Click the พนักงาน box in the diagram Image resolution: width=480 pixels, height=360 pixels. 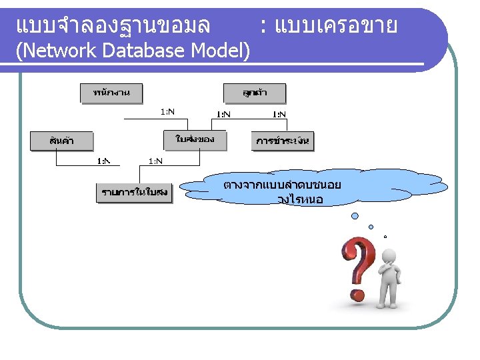(x=111, y=93)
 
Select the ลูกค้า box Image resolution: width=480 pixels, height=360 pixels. (x=254, y=93)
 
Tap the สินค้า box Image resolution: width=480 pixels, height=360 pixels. (x=62, y=141)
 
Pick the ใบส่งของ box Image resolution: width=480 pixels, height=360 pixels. (x=195, y=140)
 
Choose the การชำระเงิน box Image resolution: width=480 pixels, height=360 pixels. (x=283, y=141)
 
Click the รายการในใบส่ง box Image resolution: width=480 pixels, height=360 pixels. (x=134, y=193)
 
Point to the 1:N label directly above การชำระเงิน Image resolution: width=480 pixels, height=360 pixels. (x=279, y=114)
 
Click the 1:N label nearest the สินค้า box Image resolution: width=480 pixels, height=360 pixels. (x=105, y=161)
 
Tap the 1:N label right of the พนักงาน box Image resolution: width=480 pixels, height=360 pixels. (x=167, y=112)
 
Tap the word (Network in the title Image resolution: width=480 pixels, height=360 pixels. (x=45, y=50)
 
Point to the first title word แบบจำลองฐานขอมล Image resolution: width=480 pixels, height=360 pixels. (x=112, y=26)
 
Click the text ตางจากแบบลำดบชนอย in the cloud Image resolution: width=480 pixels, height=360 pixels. (x=283, y=183)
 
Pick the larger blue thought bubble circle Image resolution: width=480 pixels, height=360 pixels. (x=355, y=216)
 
